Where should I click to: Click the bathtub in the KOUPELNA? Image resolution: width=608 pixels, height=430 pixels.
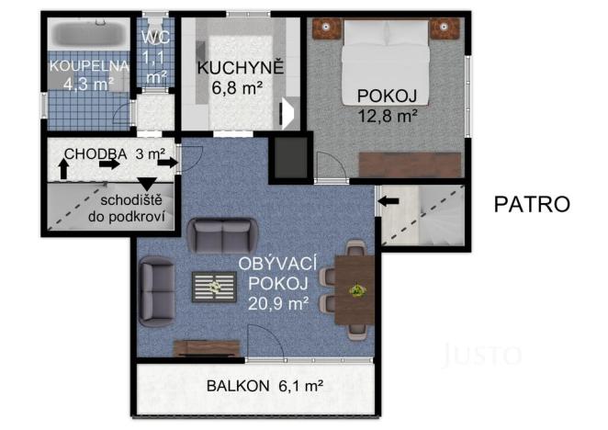(x=87, y=38)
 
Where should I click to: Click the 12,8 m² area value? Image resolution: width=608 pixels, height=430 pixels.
(x=388, y=115)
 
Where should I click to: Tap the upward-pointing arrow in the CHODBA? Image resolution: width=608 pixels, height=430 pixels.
(x=63, y=169)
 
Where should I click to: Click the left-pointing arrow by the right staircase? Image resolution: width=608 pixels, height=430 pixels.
(x=389, y=199)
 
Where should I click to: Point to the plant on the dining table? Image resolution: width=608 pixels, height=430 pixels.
(x=355, y=290)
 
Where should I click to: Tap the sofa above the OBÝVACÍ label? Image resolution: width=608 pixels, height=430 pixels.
(x=220, y=236)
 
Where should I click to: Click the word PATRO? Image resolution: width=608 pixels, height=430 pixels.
(x=532, y=204)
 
